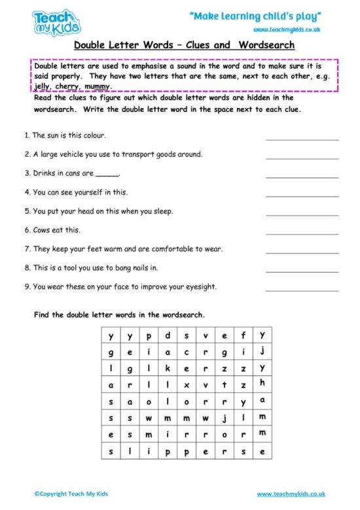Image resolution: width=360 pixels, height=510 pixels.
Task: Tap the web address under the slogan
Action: click(287, 31)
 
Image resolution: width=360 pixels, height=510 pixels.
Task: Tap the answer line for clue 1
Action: click(302, 139)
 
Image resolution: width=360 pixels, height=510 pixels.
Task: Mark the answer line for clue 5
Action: click(302, 215)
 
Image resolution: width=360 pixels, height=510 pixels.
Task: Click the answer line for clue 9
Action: click(302, 290)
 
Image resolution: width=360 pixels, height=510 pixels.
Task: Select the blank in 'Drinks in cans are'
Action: click(108, 175)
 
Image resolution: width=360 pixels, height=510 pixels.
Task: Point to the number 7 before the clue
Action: click(26, 249)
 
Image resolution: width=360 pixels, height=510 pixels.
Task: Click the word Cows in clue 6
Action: click(43, 230)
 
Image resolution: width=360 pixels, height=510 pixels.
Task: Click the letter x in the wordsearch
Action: click(187, 385)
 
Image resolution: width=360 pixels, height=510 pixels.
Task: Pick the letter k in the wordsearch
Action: click(168, 368)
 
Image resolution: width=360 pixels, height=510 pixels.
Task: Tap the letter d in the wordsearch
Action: click(168, 335)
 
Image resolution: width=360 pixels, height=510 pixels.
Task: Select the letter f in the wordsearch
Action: click(243, 335)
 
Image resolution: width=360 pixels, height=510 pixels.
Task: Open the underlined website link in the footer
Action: click(291, 494)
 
